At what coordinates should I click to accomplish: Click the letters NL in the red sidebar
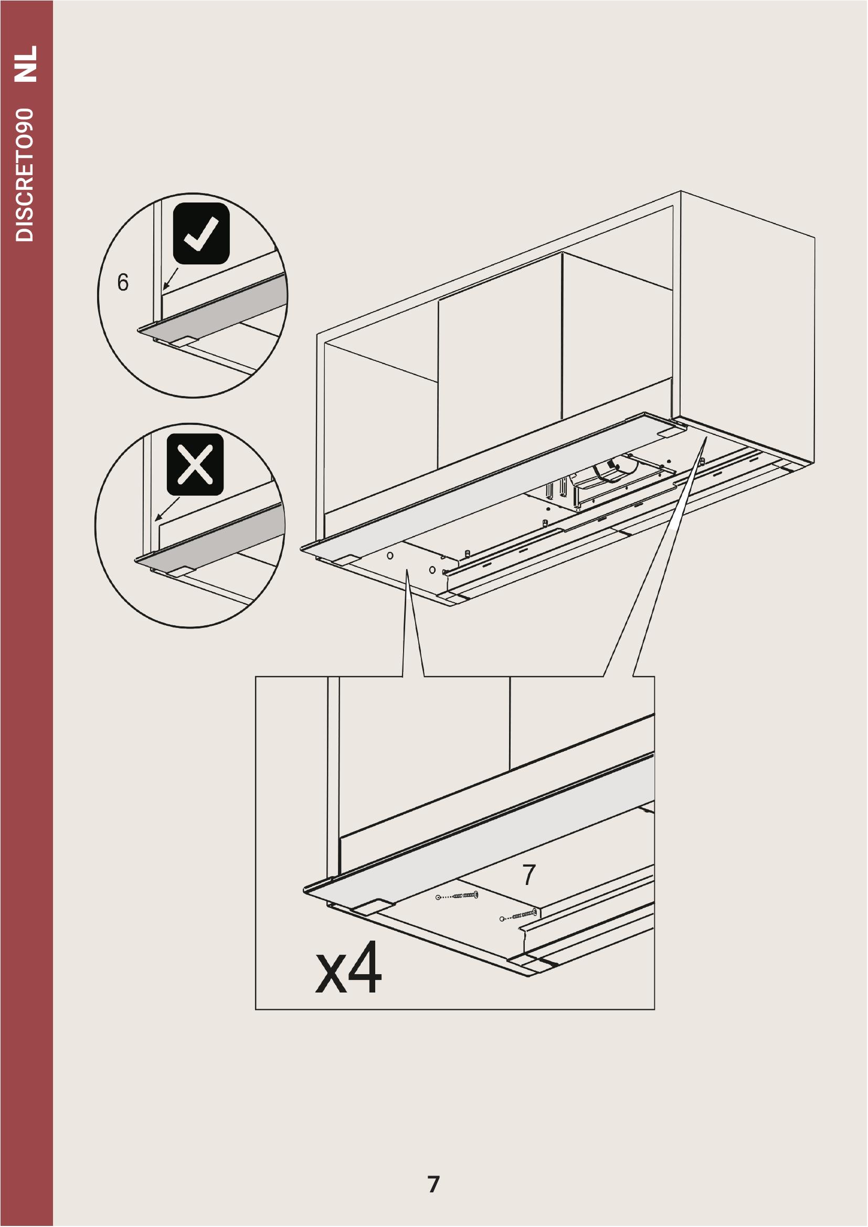(26, 63)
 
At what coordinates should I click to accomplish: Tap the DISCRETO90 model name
(25, 175)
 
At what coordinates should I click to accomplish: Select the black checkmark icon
(202, 233)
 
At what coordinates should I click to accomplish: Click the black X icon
(195, 464)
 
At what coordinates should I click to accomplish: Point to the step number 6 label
(123, 282)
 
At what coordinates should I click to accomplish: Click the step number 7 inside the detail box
(529, 875)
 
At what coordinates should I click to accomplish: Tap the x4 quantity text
(348, 968)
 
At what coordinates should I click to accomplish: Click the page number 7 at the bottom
(433, 1185)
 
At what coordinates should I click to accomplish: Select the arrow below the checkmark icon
(171, 279)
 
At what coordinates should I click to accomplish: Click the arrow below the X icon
(167, 509)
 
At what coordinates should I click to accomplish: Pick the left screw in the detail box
(458, 895)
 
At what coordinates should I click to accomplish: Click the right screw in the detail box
(519, 915)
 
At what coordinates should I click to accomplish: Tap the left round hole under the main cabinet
(390, 555)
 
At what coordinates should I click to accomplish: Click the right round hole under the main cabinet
(432, 570)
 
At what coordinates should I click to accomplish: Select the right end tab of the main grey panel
(671, 431)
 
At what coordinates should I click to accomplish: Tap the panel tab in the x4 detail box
(374, 905)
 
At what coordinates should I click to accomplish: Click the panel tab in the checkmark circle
(185, 341)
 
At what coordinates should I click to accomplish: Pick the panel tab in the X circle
(181, 571)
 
